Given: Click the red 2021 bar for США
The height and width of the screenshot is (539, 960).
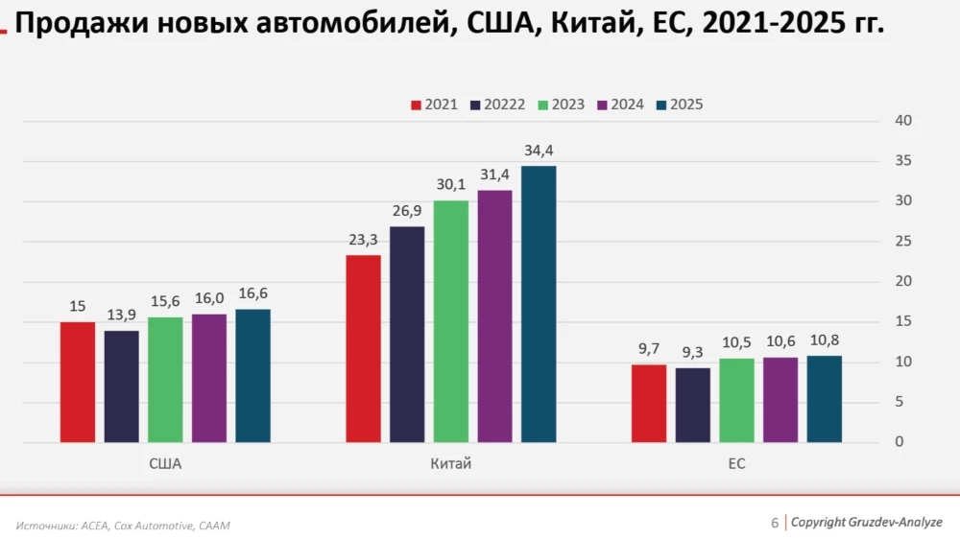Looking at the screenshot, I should [x=78, y=382].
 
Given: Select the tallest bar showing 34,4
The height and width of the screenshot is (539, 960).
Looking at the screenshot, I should [x=539, y=304].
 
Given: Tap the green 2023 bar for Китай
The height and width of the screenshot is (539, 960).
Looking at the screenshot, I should [x=451, y=321].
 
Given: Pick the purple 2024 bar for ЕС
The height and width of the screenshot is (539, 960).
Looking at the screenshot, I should [x=780, y=400].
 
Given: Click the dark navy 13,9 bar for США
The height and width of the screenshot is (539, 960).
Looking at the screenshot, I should [x=122, y=387].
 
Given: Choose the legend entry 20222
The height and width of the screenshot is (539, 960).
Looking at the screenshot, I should [x=504, y=105].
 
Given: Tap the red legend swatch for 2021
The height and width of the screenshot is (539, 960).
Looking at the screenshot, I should [x=417, y=105].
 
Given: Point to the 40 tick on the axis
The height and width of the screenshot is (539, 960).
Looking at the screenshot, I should [x=903, y=121].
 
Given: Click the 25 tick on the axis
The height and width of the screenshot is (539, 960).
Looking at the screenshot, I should [x=903, y=242].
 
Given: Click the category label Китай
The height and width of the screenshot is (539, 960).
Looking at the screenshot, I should [x=451, y=464].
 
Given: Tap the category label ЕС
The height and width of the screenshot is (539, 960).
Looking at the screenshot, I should [x=736, y=464].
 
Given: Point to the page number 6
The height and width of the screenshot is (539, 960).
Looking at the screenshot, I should [x=775, y=523].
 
